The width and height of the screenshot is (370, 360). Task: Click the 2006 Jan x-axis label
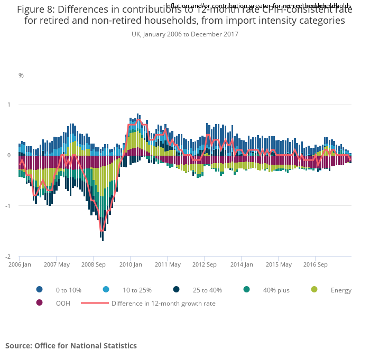[x=19, y=264]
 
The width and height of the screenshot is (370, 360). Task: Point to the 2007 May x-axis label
[x=57, y=264]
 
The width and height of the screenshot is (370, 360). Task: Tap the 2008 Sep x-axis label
[x=94, y=264]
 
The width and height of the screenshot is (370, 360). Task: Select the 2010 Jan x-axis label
[x=131, y=264]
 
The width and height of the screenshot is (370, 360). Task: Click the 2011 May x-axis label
[x=168, y=264]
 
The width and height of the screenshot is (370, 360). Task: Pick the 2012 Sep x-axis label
[x=205, y=264]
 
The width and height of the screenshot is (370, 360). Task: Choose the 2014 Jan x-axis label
[x=242, y=264]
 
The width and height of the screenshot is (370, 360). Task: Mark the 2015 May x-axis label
[x=279, y=264]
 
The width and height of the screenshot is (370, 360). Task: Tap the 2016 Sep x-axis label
[x=316, y=264]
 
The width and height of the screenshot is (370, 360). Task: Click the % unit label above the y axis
[x=21, y=75]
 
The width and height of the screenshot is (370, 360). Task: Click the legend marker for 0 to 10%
[x=39, y=290]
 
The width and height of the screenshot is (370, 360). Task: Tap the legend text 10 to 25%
[x=137, y=290]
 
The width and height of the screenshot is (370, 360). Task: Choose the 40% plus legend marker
[x=246, y=290]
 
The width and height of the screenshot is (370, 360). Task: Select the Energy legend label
[x=341, y=290]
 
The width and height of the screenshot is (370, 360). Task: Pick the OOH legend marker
[x=39, y=303]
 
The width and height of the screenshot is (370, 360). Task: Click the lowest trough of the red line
[x=102, y=231]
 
